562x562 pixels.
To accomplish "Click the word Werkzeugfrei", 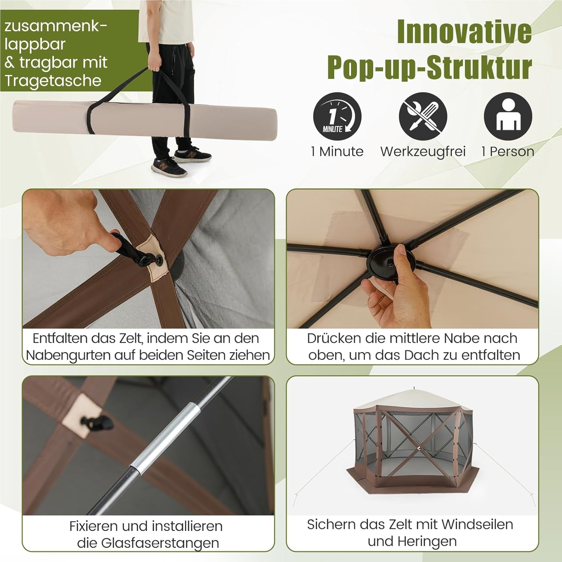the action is (x=423, y=151).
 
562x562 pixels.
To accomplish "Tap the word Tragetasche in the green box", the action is (x=53, y=81).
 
